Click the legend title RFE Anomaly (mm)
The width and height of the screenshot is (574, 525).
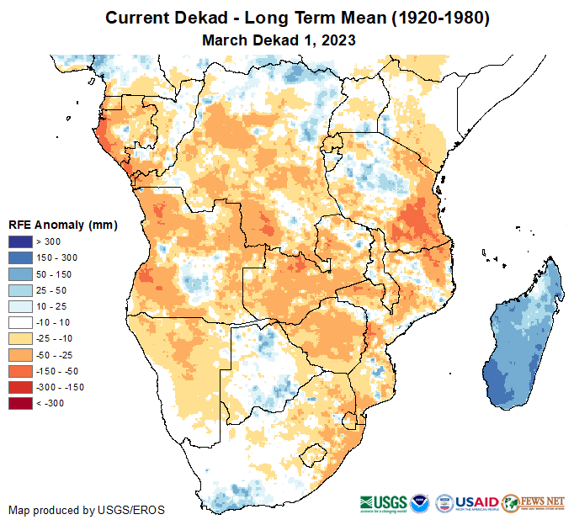click(x=62, y=225)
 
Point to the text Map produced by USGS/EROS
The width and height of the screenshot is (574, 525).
click(x=87, y=510)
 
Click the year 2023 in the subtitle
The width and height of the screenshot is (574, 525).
click(x=339, y=40)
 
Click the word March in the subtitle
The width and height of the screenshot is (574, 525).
click(x=225, y=40)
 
